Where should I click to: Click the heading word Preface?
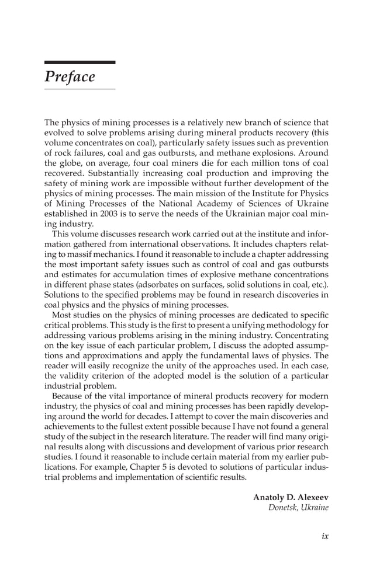coord(70,77)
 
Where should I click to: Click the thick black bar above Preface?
coord(80,62)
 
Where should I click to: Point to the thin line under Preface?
coord(80,89)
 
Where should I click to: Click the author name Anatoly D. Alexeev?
coord(291,497)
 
